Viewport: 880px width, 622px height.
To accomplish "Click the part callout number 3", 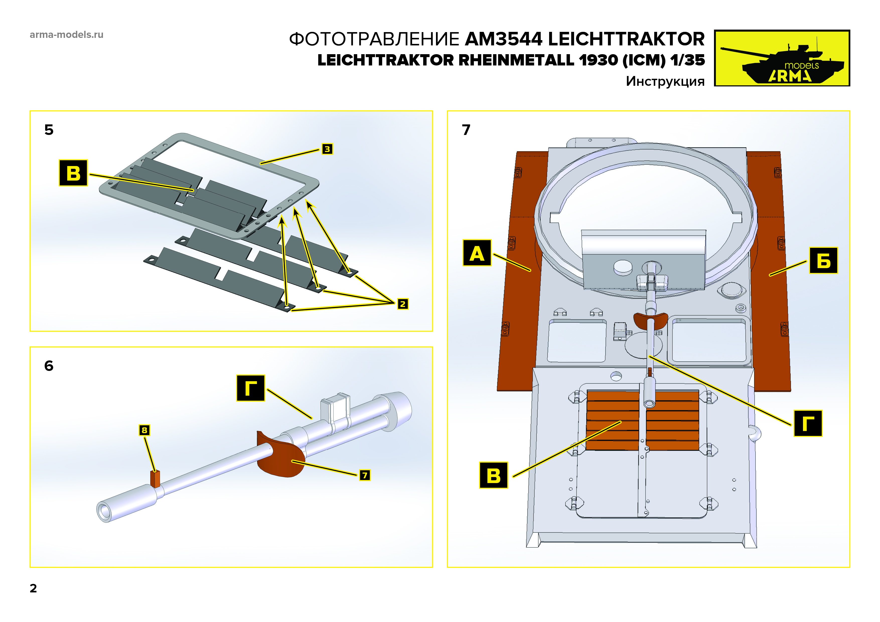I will pyautogui.click(x=327, y=149).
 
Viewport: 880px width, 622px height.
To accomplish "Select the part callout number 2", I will pyautogui.click(x=402, y=304).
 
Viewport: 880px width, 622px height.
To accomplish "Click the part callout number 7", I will pyautogui.click(x=364, y=475).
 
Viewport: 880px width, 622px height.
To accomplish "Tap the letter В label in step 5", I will pyautogui.click(x=73, y=173).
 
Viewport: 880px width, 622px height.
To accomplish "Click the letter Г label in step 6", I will pyautogui.click(x=250, y=388).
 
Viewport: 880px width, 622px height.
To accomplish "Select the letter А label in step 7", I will pyautogui.click(x=477, y=253).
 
